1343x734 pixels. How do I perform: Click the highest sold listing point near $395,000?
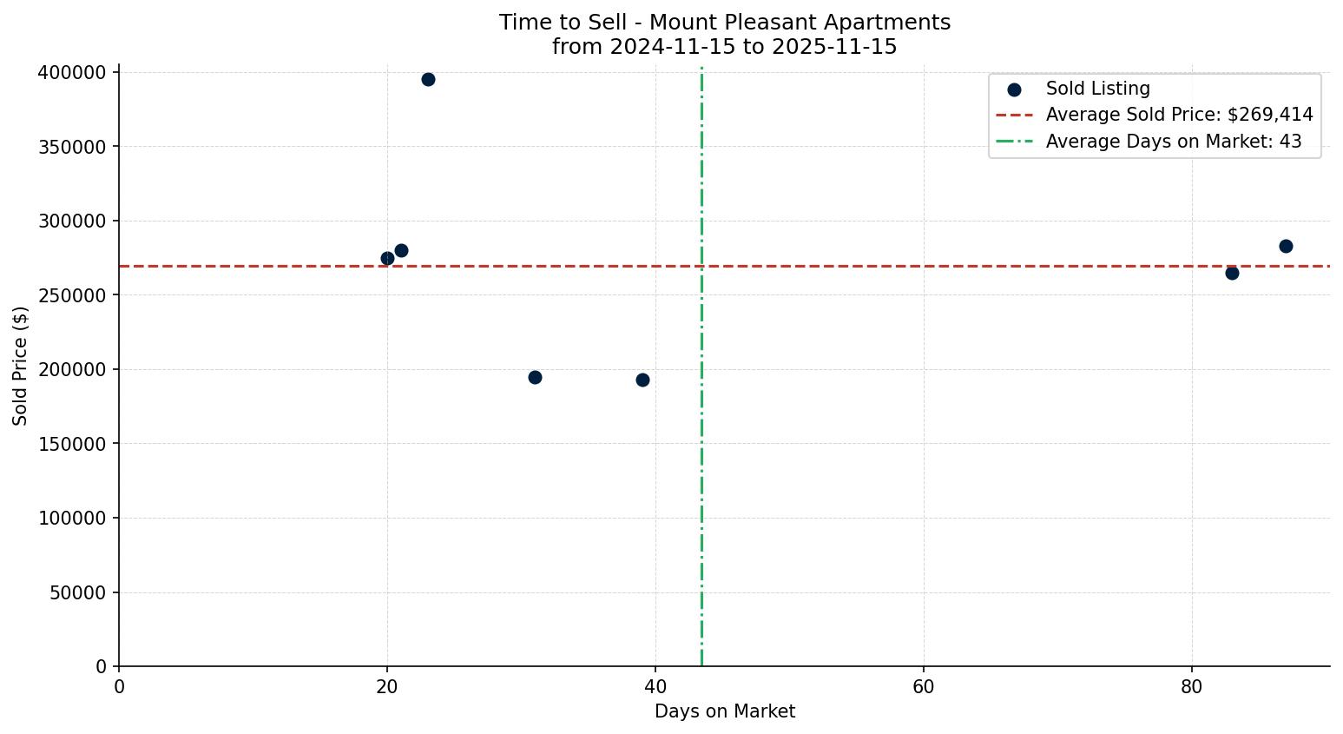point(428,79)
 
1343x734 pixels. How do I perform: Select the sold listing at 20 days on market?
point(387,258)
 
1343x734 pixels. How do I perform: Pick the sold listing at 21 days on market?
point(401,250)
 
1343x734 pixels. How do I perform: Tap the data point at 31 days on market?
point(535,377)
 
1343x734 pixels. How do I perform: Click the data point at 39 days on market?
point(642,380)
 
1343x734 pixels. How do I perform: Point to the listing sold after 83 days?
point(1232,273)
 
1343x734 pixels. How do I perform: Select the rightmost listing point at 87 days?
point(1286,246)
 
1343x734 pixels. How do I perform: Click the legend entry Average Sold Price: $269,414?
point(1179,115)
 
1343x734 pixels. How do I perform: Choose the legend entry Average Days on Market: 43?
point(1173,142)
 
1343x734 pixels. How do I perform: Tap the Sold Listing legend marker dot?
point(1014,89)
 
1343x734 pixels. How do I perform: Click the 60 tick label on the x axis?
point(924,687)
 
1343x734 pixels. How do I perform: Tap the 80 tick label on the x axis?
point(1192,687)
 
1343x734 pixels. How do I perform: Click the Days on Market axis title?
point(725,711)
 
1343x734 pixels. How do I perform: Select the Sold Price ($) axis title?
point(20,365)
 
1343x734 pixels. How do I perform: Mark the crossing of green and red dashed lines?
point(701,266)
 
